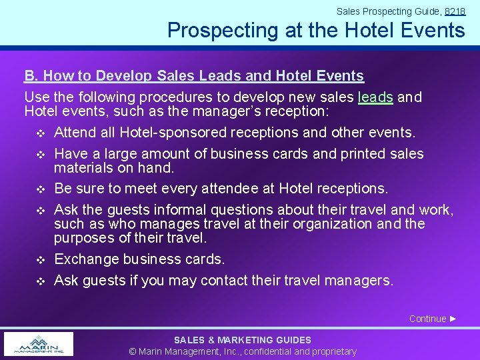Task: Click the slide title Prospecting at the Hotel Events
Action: (316, 30)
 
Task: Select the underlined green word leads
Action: (375, 97)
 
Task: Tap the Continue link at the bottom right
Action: (433, 319)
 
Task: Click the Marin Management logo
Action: (38, 344)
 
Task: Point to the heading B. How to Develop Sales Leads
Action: (194, 76)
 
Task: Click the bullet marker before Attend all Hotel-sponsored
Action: (41, 133)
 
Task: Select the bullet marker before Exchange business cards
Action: (41, 259)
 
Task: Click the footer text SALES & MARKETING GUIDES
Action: (242, 340)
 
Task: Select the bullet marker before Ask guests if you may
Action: (41, 281)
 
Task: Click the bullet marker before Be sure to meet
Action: (41, 189)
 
